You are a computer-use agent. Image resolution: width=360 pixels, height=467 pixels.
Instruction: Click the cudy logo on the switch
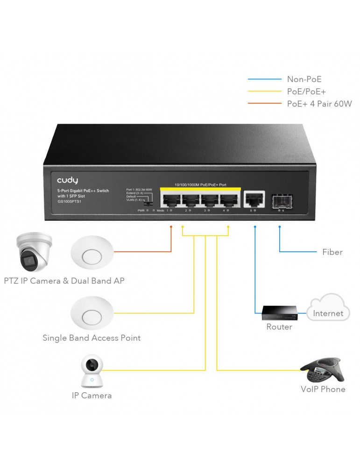68,180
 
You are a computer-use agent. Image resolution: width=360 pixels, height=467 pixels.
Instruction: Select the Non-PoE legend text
304,80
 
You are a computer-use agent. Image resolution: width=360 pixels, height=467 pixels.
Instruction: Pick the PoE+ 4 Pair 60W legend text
319,104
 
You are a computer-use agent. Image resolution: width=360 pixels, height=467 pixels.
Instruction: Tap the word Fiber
332,252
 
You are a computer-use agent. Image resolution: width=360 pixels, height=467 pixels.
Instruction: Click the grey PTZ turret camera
33,252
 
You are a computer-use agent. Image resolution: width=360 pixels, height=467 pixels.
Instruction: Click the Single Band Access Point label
92,338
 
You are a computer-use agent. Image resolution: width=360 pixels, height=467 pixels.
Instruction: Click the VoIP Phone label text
323,389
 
